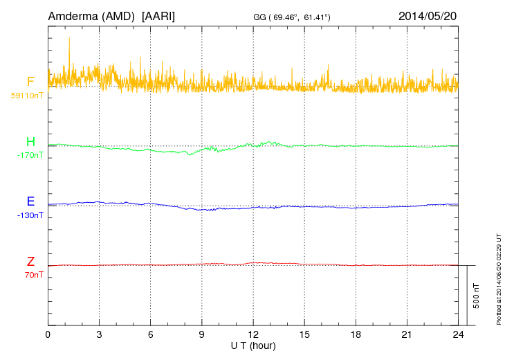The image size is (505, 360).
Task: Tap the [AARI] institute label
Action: tap(158, 16)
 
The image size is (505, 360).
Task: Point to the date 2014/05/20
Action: tap(428, 16)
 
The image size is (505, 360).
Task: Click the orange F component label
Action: tap(30, 82)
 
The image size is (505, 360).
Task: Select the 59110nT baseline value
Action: tap(27, 96)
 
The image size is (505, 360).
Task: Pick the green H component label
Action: tap(30, 142)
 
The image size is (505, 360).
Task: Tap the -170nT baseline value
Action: tap(30, 155)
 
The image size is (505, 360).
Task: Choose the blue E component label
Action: tap(30, 201)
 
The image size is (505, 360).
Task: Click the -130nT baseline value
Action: tap(30, 215)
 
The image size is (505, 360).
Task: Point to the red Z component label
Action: tap(30, 262)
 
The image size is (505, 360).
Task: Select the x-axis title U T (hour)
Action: tap(253, 345)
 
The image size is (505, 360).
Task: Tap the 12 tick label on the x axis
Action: tap(253, 335)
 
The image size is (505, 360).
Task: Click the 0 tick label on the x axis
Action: tap(48, 335)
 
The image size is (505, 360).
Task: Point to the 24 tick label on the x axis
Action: tap(458, 335)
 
